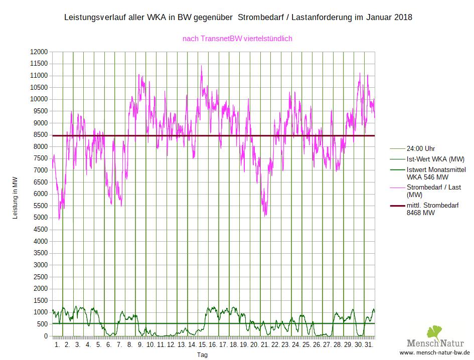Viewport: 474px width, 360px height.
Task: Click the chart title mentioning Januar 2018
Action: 238,18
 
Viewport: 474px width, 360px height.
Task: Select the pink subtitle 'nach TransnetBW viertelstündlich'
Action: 237,39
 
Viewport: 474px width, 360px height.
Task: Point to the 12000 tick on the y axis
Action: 39,52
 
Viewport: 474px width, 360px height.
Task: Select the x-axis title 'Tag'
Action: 202,355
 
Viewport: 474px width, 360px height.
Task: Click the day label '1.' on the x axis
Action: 57,345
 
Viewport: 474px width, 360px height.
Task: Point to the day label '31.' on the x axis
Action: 369,345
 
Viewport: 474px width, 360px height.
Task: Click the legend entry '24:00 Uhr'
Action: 420,149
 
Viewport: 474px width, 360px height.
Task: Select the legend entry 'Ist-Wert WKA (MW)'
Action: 435,159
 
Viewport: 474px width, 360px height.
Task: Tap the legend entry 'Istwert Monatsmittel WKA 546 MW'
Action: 435,173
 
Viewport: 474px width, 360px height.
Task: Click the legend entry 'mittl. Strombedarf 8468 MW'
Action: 432,209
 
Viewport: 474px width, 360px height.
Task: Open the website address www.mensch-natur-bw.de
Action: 434,353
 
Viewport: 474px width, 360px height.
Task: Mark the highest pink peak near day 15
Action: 202,66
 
